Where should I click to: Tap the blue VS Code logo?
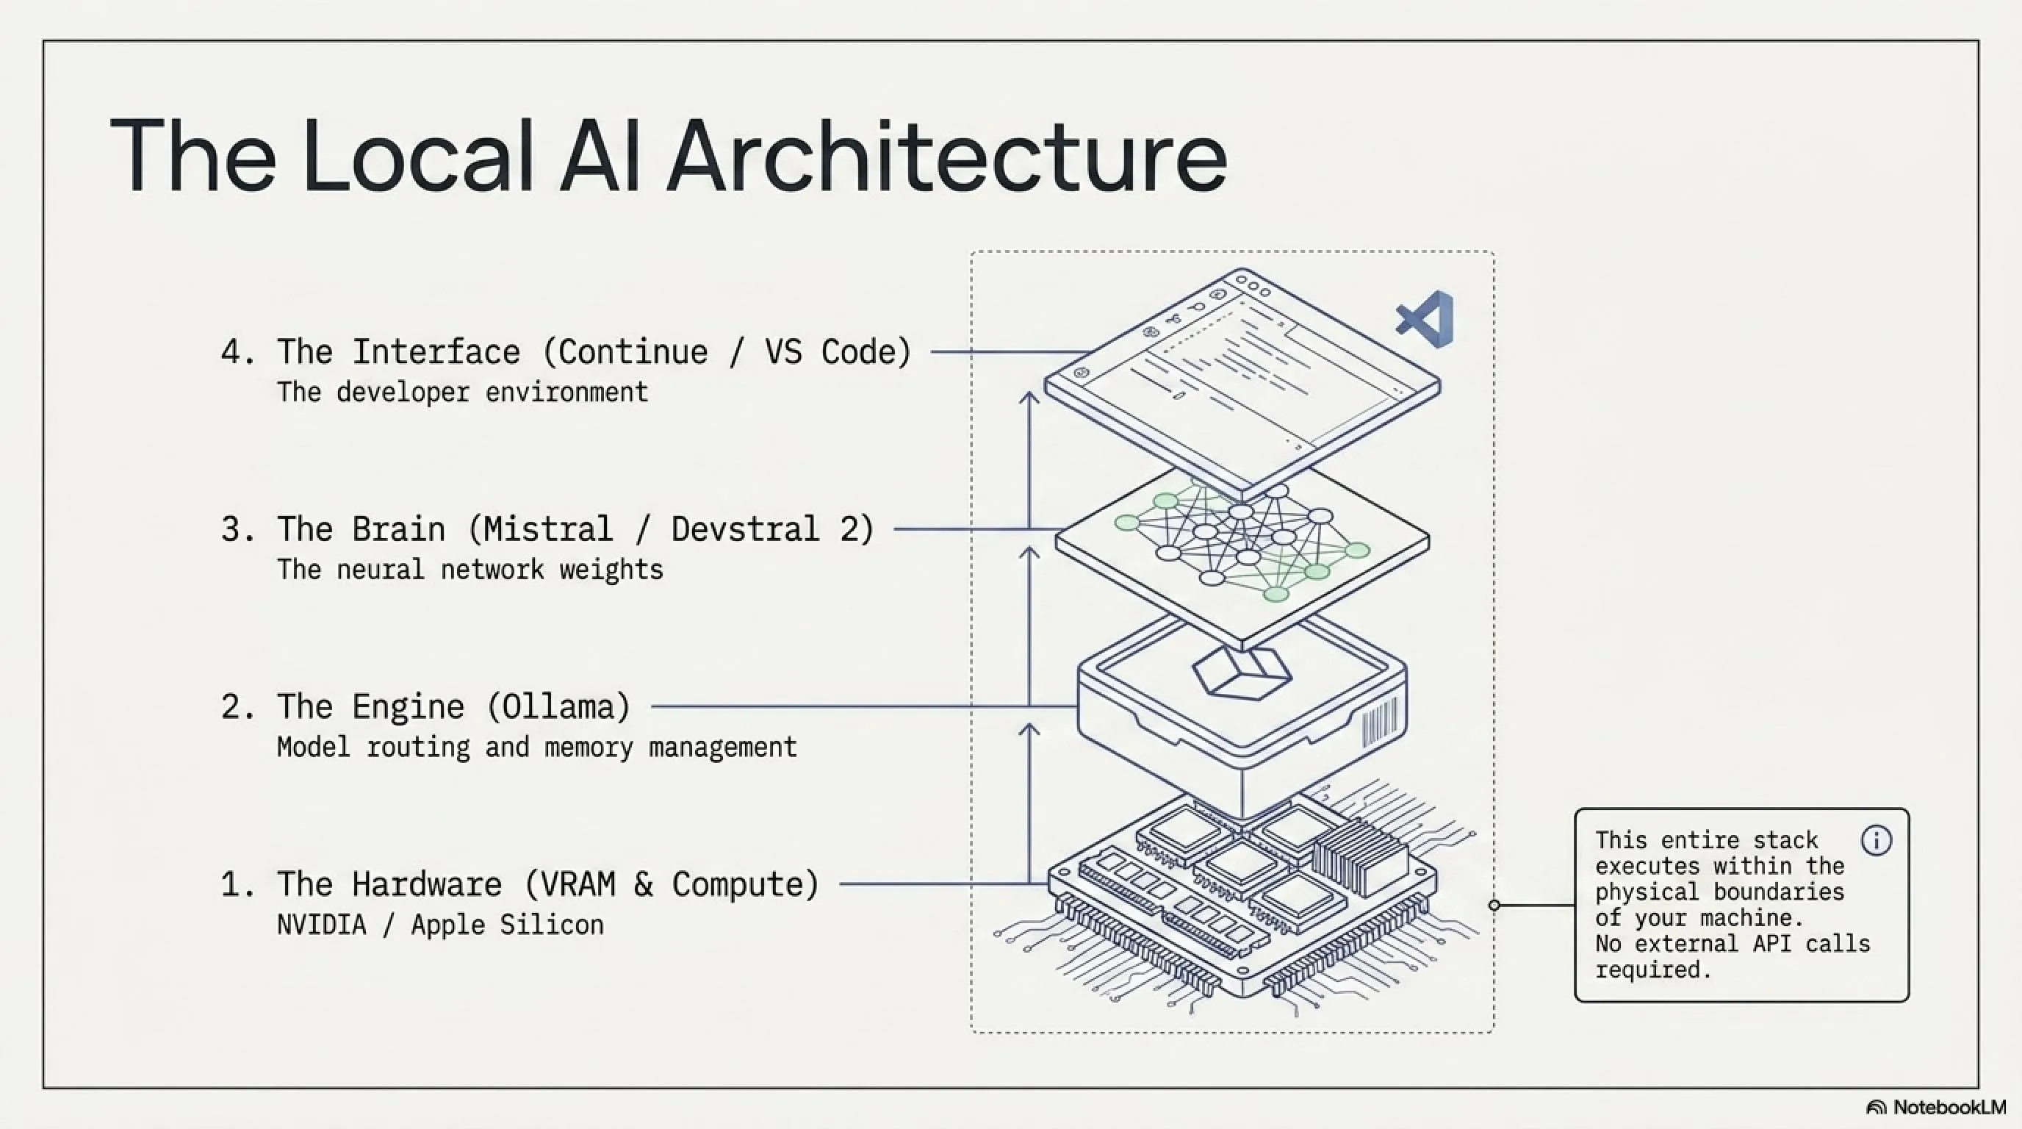(x=1425, y=319)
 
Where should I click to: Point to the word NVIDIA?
(x=322, y=924)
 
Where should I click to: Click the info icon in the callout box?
(x=1876, y=841)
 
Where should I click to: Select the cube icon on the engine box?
(x=1242, y=673)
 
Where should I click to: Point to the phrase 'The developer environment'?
(x=463, y=392)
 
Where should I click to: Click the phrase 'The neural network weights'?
(x=470, y=569)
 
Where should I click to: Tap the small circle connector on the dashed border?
(x=1494, y=906)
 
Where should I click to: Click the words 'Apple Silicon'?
(x=507, y=924)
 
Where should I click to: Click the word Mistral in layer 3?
(x=548, y=529)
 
